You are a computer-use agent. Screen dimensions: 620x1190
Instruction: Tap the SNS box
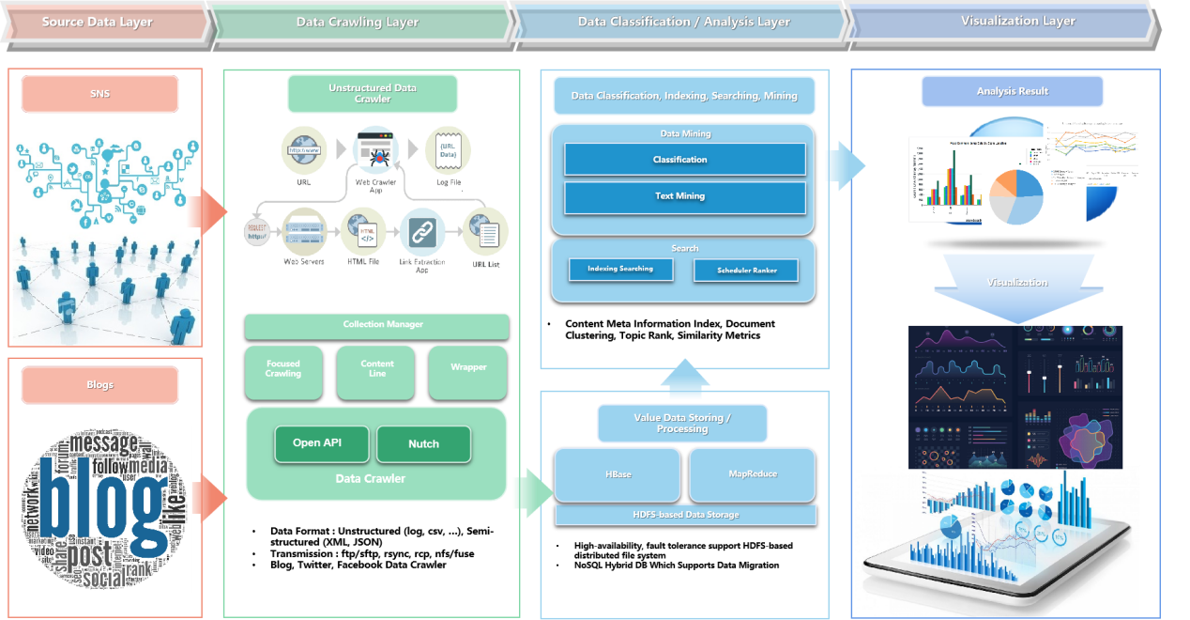pos(99,94)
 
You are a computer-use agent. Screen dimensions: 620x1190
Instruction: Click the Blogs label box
pos(99,385)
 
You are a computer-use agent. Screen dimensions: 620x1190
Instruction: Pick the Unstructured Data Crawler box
pos(373,94)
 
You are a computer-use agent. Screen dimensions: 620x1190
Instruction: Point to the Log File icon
pos(448,150)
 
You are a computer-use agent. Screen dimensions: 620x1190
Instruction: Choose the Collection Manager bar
pos(376,325)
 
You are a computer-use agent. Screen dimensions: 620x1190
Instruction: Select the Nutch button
pos(423,444)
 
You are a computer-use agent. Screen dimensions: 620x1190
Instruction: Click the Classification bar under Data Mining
pos(684,160)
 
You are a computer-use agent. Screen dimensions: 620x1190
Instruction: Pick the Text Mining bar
pos(684,197)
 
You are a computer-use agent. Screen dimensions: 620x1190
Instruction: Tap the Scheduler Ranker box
pos(746,271)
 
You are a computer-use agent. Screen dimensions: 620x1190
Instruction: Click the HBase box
pos(618,474)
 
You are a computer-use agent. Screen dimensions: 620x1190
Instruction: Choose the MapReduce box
pos(753,474)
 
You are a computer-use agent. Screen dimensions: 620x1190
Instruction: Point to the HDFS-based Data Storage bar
pos(685,515)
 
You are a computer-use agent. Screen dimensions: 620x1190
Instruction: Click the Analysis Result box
pos(1012,92)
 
